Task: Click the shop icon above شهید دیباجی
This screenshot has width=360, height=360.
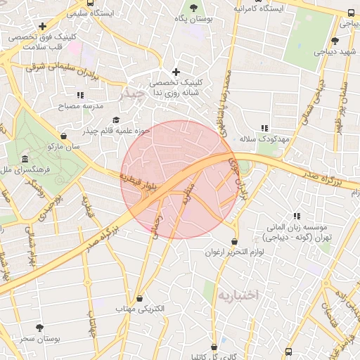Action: [335, 41]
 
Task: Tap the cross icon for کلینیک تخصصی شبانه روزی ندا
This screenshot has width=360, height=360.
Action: [176, 72]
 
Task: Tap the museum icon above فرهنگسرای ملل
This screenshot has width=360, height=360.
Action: [25, 158]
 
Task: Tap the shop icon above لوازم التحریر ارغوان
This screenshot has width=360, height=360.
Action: [235, 241]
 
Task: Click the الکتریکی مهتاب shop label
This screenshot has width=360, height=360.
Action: [139, 309]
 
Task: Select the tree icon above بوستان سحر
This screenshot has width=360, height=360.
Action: [39, 328]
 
